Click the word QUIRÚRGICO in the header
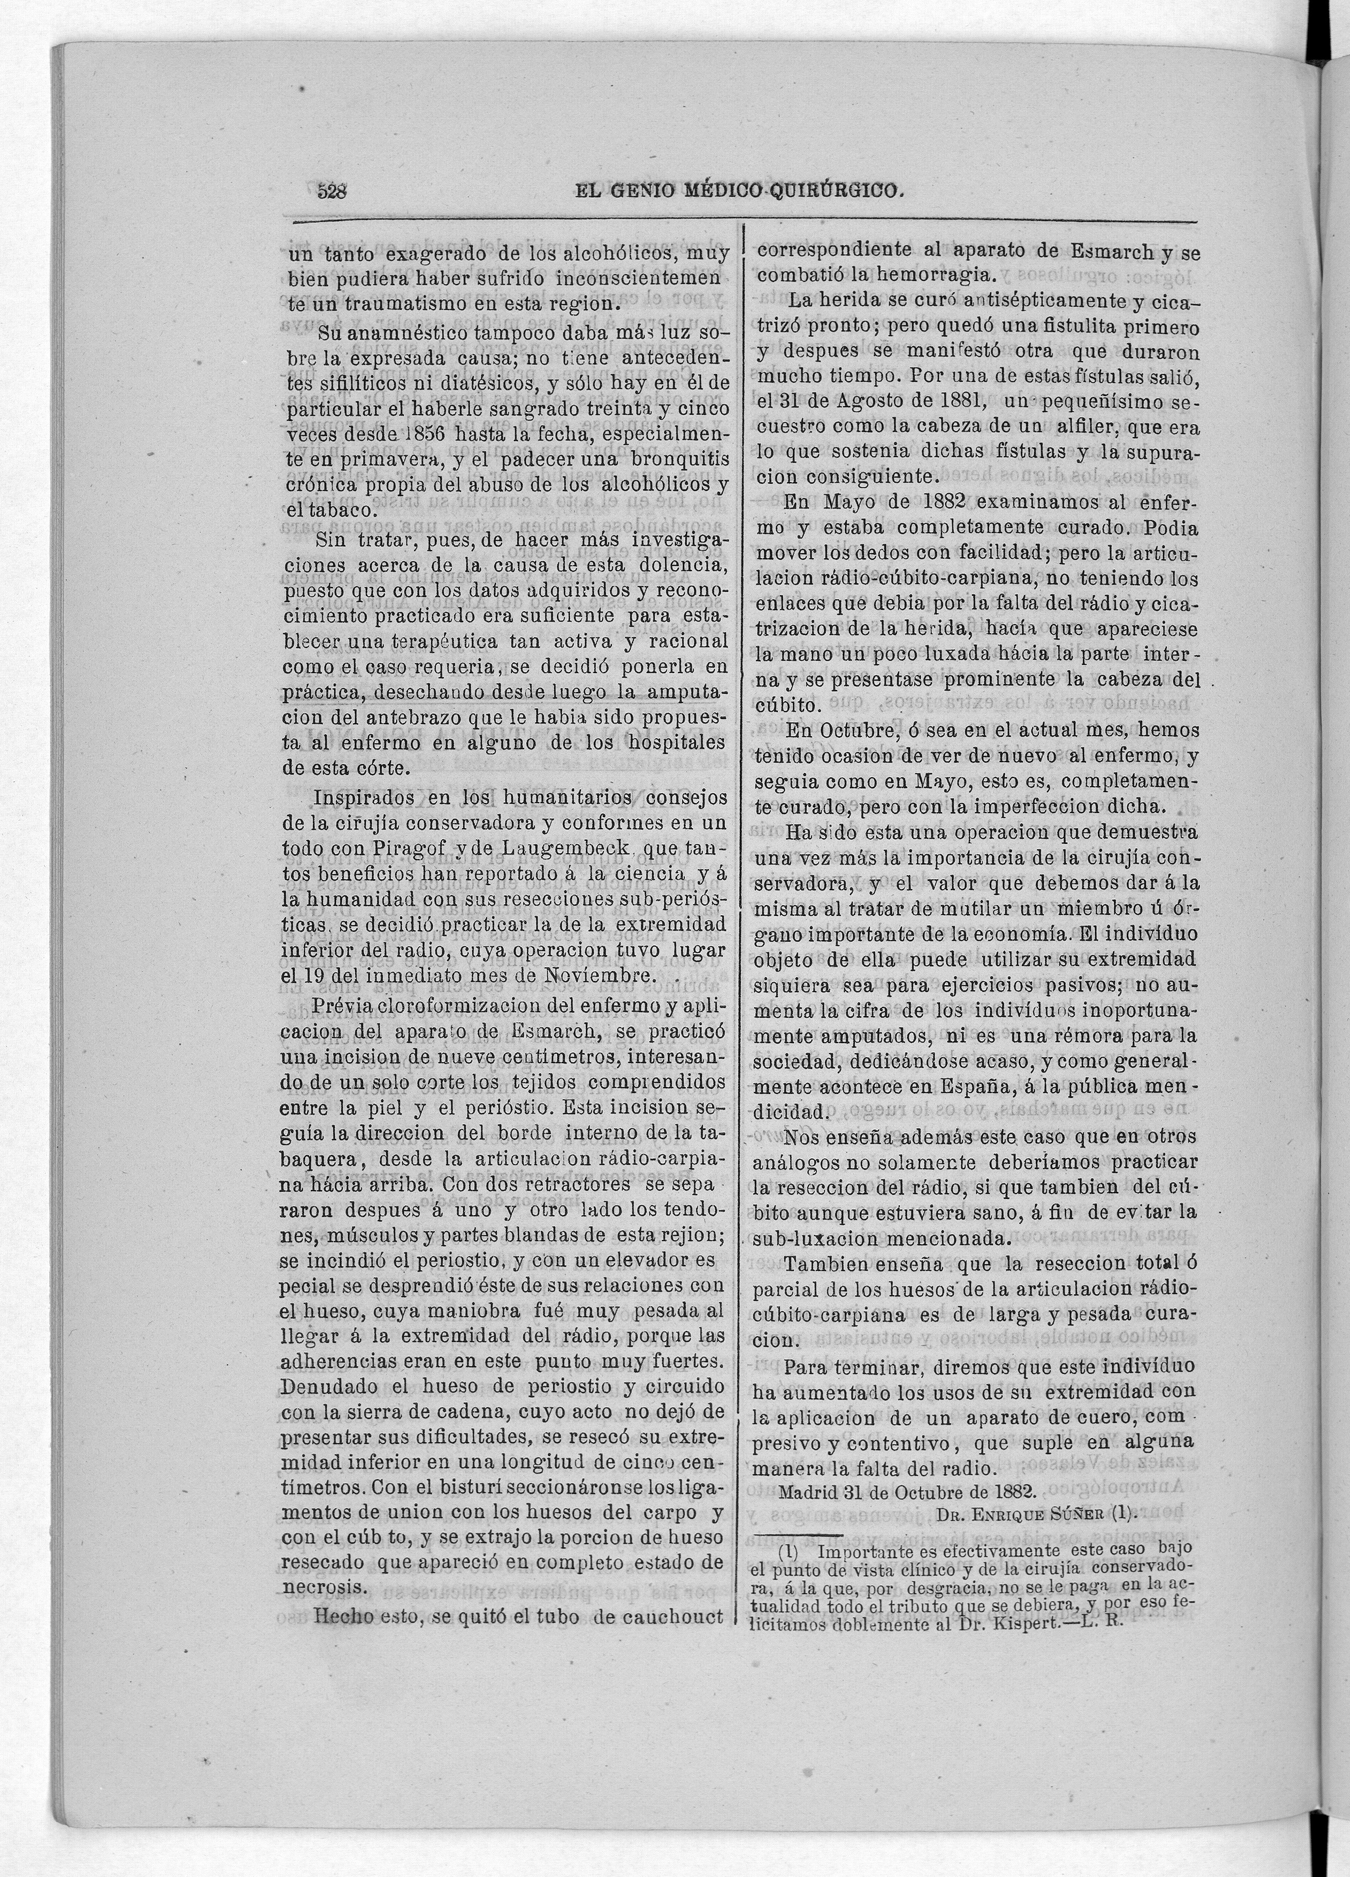click(835, 191)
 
